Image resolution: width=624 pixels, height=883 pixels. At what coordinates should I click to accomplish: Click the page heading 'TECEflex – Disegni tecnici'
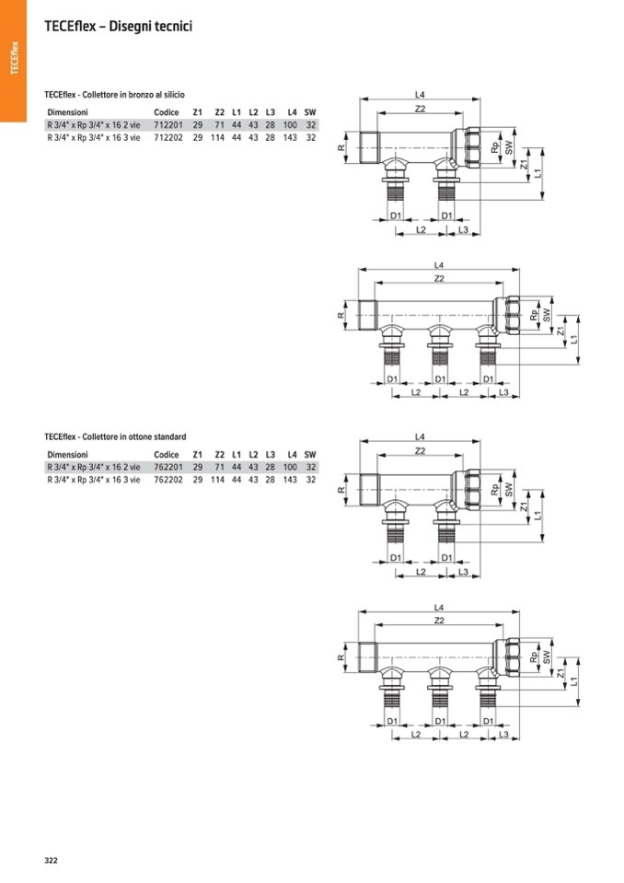click(x=118, y=27)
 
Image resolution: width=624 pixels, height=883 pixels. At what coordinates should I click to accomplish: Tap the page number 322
click(x=51, y=860)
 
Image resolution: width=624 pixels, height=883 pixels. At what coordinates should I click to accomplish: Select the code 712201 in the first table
click(x=168, y=125)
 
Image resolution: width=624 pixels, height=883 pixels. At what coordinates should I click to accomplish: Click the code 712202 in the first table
click(x=168, y=137)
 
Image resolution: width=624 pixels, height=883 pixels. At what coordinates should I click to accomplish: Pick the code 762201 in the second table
click(x=168, y=467)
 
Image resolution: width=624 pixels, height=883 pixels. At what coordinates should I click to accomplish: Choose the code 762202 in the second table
click(x=168, y=480)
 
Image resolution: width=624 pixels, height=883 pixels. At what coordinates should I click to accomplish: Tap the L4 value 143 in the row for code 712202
click(x=290, y=137)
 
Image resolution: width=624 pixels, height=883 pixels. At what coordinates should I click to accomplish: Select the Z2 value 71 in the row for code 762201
click(x=219, y=467)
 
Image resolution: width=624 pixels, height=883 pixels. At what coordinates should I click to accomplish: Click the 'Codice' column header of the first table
click(x=166, y=112)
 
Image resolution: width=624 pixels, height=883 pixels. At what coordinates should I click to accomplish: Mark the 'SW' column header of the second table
click(x=310, y=455)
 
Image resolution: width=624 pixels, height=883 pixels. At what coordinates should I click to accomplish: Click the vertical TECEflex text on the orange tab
click(x=15, y=57)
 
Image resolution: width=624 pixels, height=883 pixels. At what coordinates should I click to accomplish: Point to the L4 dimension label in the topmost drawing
click(x=420, y=95)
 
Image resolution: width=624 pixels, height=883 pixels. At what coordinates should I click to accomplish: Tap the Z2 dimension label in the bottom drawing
click(x=439, y=620)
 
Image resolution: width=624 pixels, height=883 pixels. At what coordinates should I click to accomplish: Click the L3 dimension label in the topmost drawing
click(x=463, y=230)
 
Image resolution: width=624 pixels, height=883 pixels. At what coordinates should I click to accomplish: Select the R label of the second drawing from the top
click(x=341, y=315)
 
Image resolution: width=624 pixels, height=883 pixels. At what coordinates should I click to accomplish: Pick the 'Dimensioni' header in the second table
click(x=67, y=455)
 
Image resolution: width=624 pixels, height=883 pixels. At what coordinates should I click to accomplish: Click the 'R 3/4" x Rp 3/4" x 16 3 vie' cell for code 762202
click(x=93, y=480)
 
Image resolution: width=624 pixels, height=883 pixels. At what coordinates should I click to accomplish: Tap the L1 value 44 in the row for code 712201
click(x=237, y=125)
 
